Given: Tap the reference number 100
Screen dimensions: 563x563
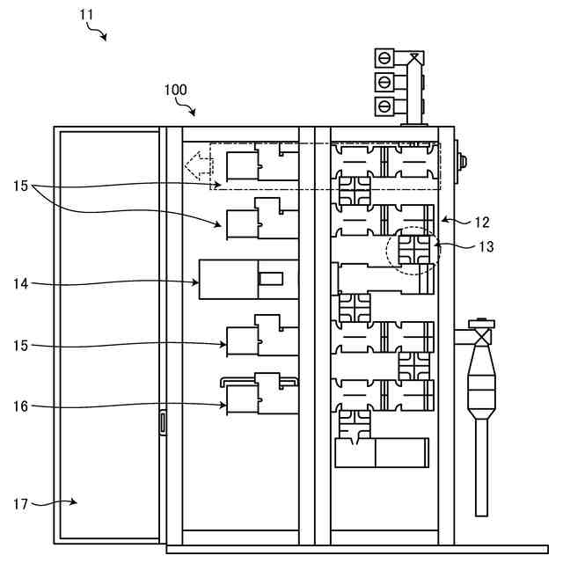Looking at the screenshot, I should pos(175,90).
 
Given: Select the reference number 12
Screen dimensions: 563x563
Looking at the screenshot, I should pos(481,223).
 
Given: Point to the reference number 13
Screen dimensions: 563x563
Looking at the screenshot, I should pos(485,247).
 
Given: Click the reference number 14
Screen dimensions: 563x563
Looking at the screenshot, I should pos(22,282).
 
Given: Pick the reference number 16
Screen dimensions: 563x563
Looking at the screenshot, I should pos(22,406).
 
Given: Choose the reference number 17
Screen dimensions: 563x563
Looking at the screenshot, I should pos(22,504).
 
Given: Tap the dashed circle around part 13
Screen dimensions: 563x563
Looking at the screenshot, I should pos(413,249).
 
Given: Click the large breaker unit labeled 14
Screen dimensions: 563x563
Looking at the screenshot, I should pos(248,280).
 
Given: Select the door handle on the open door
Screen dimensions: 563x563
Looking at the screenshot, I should pos(162,422).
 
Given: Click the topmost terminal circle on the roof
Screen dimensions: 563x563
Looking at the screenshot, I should pos(384,61).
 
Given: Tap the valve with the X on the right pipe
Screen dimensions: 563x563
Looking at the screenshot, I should pos(479,334).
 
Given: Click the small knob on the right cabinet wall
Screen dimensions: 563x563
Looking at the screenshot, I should pos(460,162).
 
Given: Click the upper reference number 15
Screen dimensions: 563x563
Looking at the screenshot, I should pos(22,186).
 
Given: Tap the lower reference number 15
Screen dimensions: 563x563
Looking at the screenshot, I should pos(22,346).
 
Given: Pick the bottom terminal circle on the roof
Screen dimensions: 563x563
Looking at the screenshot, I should pos(384,106).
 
